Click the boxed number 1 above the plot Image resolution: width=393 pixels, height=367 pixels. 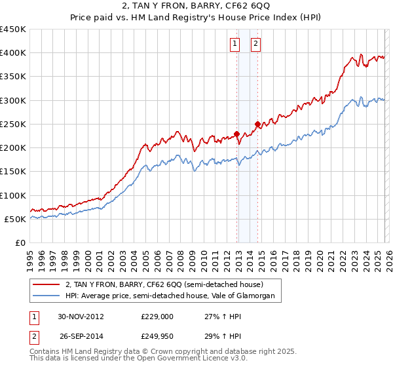(234, 45)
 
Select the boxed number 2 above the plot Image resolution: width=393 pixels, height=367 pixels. (255, 45)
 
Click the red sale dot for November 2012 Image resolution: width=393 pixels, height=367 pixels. (236, 134)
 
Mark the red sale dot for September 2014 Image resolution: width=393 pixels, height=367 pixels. (257, 124)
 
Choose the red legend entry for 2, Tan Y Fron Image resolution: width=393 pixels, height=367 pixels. (164, 285)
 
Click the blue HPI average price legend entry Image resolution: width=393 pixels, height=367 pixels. (173, 296)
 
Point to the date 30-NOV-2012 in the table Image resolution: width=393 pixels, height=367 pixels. (81, 317)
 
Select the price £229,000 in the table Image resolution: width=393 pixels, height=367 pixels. (157, 317)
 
